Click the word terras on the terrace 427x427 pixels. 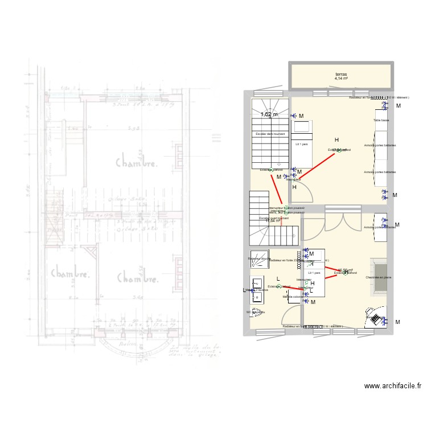[x=341, y=75]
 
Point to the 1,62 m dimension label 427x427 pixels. [x=269, y=114]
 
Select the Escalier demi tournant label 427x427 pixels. [x=270, y=134]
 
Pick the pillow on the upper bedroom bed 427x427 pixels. [x=302, y=126]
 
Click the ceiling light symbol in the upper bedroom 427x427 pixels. [x=339, y=150]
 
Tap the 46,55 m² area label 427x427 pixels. [x=346, y=270]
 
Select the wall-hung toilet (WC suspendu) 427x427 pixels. [x=256, y=313]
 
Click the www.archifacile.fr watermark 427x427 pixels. [x=393, y=385]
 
